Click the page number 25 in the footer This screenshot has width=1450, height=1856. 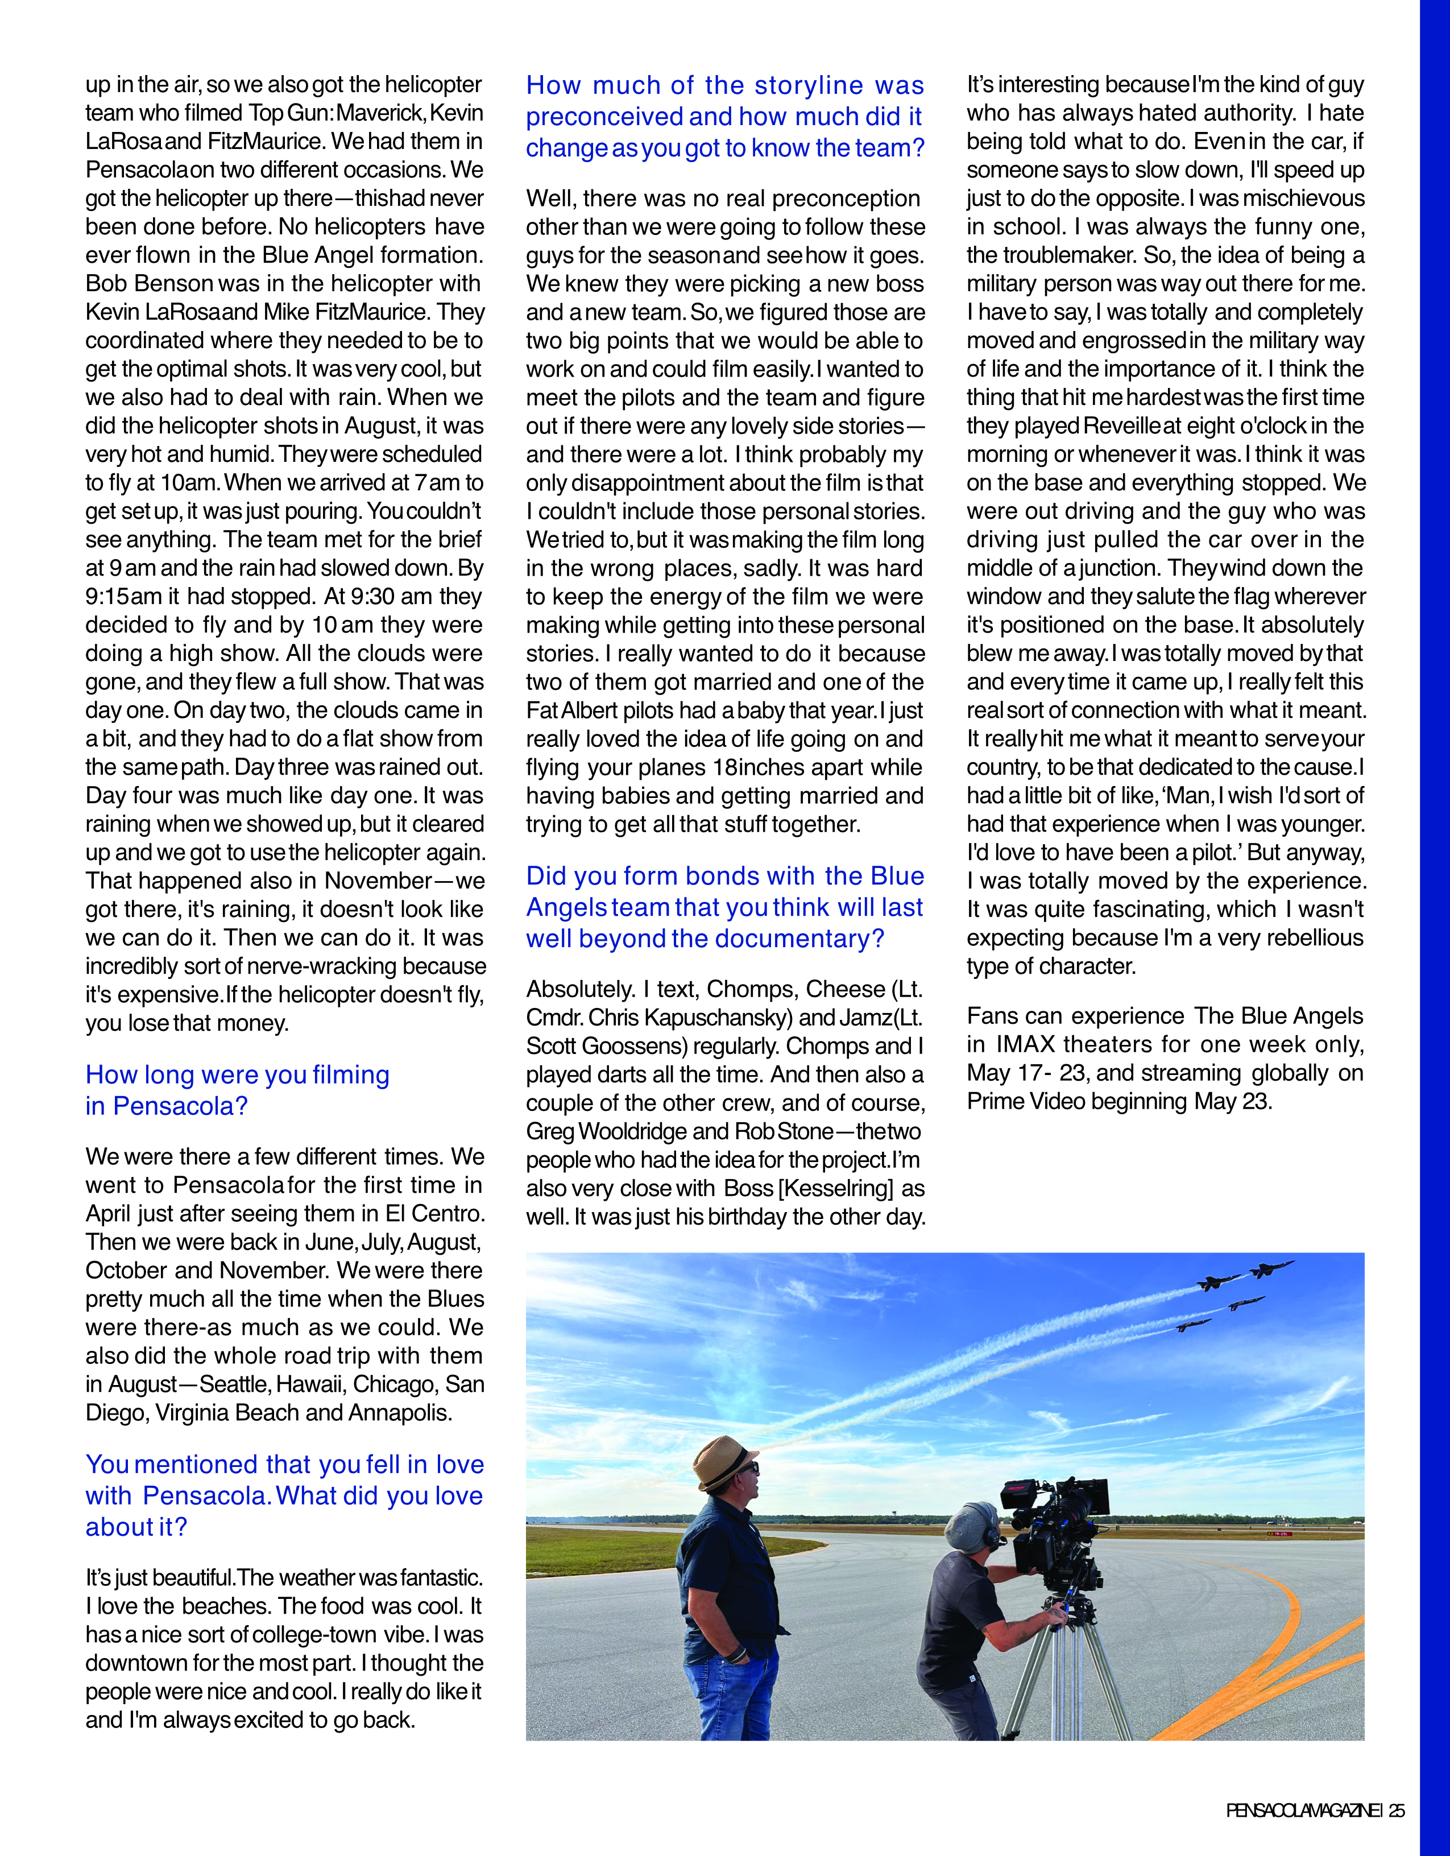[1397, 1811]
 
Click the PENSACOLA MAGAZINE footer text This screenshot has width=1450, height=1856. [1304, 1811]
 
